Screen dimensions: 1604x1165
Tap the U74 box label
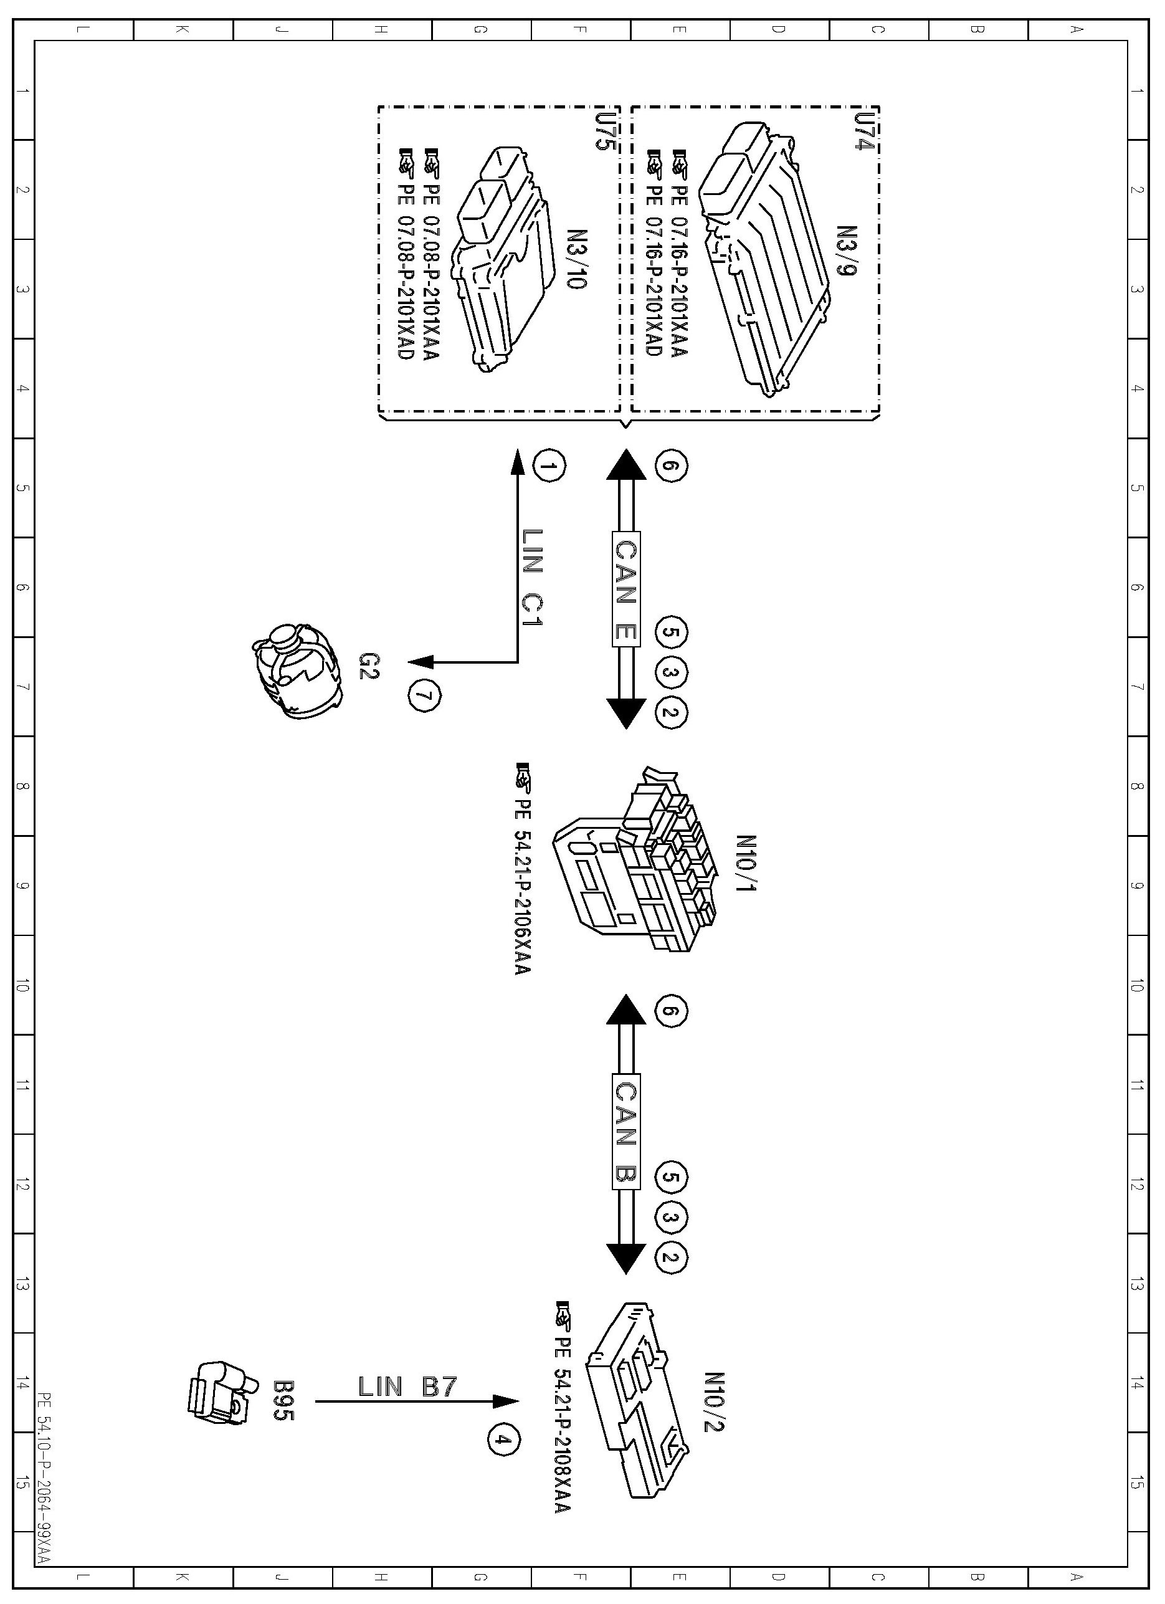click(862, 130)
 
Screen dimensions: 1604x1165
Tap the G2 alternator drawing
click(298, 670)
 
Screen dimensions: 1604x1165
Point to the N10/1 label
click(746, 864)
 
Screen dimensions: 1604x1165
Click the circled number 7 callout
click(424, 696)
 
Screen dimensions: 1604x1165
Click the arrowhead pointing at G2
click(422, 662)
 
